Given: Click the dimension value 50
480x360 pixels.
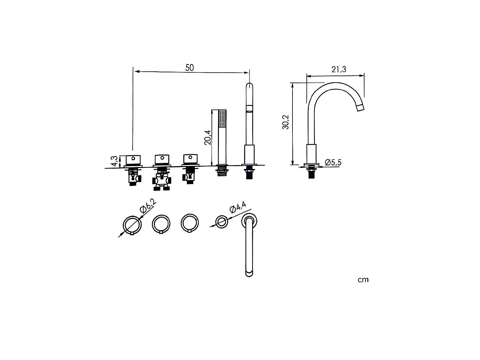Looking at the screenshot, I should (x=189, y=68).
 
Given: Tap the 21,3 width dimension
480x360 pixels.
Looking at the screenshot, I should (x=339, y=69).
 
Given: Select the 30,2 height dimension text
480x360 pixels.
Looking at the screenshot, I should (x=286, y=122).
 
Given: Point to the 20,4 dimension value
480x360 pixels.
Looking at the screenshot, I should (x=208, y=138).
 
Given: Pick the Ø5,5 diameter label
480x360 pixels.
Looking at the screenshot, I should (x=333, y=163).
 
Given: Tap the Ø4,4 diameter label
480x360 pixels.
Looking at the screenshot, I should (x=238, y=207).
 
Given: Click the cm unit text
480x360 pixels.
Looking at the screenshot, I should (x=363, y=280).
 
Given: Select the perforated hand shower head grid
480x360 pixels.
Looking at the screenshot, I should (x=222, y=119).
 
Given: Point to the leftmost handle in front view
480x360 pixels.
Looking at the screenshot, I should (x=133, y=159).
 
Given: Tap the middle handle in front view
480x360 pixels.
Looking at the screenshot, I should (x=162, y=159).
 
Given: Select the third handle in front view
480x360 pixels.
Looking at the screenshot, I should (x=191, y=159).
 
